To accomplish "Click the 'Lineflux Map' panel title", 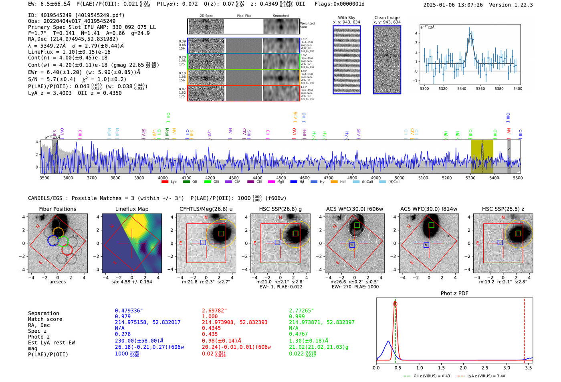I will click(131, 209).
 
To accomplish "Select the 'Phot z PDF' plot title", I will click(454, 293).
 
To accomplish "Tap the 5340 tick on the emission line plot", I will click(462, 89).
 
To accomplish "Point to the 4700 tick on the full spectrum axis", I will click(329, 178).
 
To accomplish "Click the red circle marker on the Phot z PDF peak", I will click(395, 304).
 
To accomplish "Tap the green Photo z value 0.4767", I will click(299, 334).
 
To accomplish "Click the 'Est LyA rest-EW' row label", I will click(51, 343).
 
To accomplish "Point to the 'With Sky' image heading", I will click(347, 18).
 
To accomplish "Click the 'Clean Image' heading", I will click(387, 18).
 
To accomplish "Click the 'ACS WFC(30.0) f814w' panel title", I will click(428, 209).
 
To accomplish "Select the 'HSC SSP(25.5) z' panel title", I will click(503, 209).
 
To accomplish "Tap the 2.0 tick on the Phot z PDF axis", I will click(463, 368).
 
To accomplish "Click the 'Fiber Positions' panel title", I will click(57, 209).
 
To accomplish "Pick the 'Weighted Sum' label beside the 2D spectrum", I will click(307, 25).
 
